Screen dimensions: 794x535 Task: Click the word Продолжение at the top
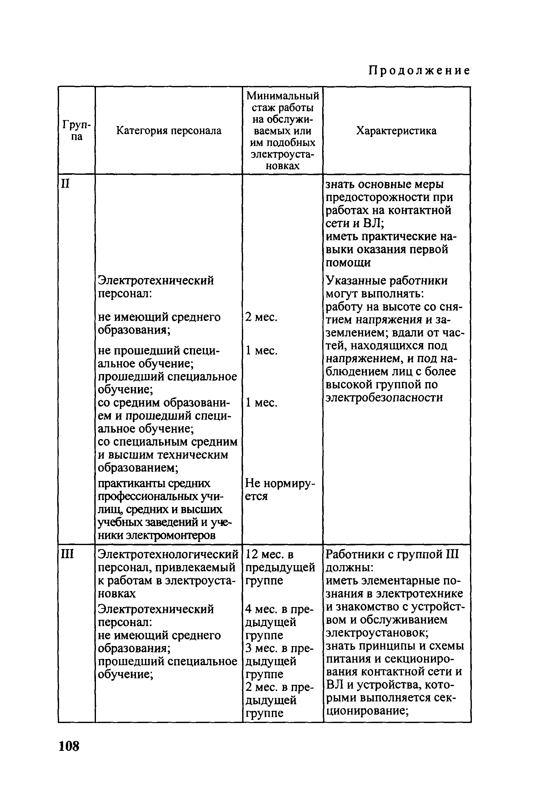click(x=419, y=71)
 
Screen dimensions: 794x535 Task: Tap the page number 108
click(x=69, y=746)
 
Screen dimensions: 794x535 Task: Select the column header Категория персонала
click(x=168, y=130)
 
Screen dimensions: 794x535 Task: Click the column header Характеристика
click(x=396, y=130)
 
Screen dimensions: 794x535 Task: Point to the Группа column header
click(x=77, y=131)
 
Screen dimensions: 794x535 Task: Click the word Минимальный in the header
click(x=282, y=96)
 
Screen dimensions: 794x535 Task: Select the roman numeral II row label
click(x=65, y=184)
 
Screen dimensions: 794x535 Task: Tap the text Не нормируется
click(x=280, y=489)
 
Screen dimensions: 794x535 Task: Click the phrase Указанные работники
click(x=387, y=281)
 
